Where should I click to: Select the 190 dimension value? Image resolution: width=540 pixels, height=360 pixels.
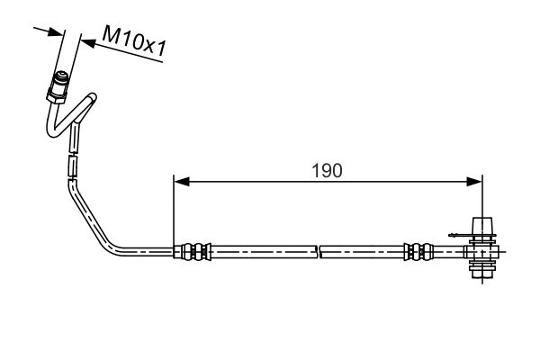click(328, 170)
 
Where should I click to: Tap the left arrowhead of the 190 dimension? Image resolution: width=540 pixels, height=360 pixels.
click(180, 183)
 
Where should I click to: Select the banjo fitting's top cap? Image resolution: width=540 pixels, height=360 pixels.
click(482, 226)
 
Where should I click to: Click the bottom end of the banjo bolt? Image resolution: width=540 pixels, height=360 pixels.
click(481, 276)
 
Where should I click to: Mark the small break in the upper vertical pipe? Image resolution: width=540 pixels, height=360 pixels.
click(71, 155)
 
